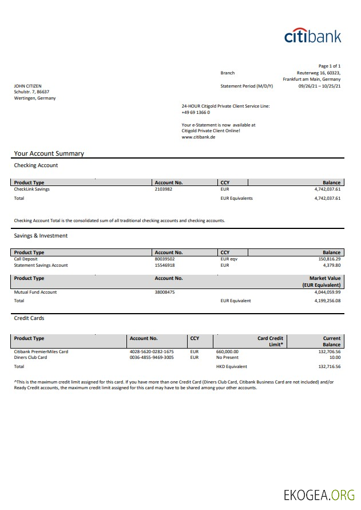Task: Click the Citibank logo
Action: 312,35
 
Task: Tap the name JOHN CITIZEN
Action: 27,86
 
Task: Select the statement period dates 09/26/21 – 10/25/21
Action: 319,86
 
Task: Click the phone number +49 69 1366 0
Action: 196,112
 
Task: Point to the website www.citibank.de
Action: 198,137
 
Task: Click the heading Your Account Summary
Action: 49,153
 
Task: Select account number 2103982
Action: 164,189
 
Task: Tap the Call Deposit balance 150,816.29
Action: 328,259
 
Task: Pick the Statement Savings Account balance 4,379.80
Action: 330,265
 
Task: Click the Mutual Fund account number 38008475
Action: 165,292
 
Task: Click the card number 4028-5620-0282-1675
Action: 152,351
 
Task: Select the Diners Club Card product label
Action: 30,357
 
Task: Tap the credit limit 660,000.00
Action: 227,351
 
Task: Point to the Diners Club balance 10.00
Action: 335,357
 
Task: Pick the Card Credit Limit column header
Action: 270,341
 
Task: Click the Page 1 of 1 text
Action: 329,66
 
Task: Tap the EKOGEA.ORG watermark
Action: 319,495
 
